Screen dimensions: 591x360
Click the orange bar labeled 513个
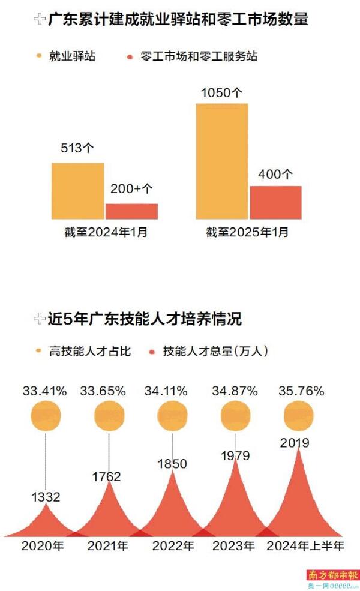click(x=77, y=191)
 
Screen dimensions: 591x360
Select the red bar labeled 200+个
click(x=131, y=211)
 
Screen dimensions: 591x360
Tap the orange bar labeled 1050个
click(x=222, y=161)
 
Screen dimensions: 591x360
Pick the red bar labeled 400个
click(x=275, y=202)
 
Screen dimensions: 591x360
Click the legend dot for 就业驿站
click(x=40, y=56)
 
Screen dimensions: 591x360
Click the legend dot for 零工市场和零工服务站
click(x=130, y=57)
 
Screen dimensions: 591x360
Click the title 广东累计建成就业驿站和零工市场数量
click(x=178, y=19)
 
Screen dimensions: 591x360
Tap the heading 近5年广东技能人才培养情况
click(x=145, y=319)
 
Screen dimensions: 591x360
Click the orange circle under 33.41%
click(x=46, y=416)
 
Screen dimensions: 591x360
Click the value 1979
click(x=235, y=456)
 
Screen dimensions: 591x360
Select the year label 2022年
click(x=173, y=546)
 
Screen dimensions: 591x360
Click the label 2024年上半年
click(x=305, y=546)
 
